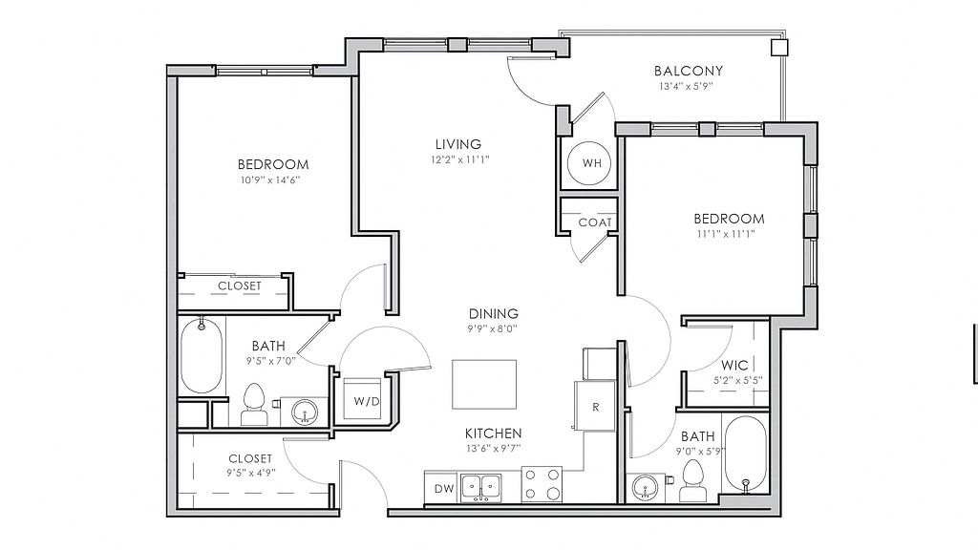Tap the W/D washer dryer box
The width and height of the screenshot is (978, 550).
[x=362, y=398]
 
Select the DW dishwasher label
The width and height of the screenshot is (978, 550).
[x=443, y=489]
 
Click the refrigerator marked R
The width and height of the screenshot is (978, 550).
[x=594, y=406]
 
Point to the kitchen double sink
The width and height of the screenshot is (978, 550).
[x=481, y=488]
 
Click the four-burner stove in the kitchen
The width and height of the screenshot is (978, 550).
[x=542, y=485]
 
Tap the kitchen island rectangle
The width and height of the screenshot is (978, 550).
[x=484, y=384]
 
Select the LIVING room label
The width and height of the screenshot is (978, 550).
[x=458, y=144]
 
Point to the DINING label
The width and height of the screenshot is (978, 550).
[x=494, y=313]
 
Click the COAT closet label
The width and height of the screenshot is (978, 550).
[x=594, y=222]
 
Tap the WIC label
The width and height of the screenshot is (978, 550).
[x=734, y=366]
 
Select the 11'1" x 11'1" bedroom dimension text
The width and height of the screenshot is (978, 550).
[x=726, y=235]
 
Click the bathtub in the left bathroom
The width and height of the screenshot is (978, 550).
[x=202, y=356]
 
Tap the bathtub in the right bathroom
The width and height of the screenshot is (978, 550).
[x=745, y=455]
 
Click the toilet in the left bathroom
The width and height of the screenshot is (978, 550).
[x=253, y=404]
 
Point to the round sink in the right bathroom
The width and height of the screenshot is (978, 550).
[x=646, y=486]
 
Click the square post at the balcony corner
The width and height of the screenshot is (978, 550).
[x=779, y=48]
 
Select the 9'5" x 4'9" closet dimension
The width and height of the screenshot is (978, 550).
[x=251, y=473]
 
